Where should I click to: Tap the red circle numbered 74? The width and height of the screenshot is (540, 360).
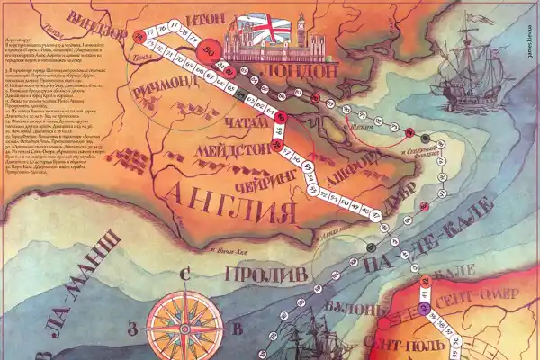coord(139,35)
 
